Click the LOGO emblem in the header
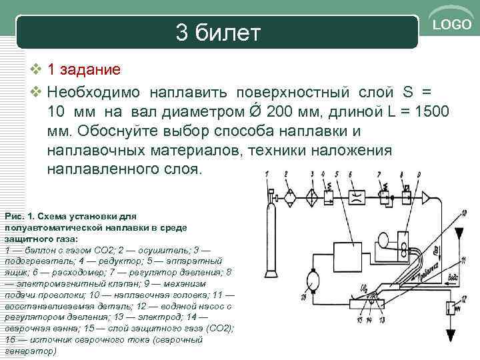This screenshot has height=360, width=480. pos(451,25)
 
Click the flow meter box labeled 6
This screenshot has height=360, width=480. pos(356,198)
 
